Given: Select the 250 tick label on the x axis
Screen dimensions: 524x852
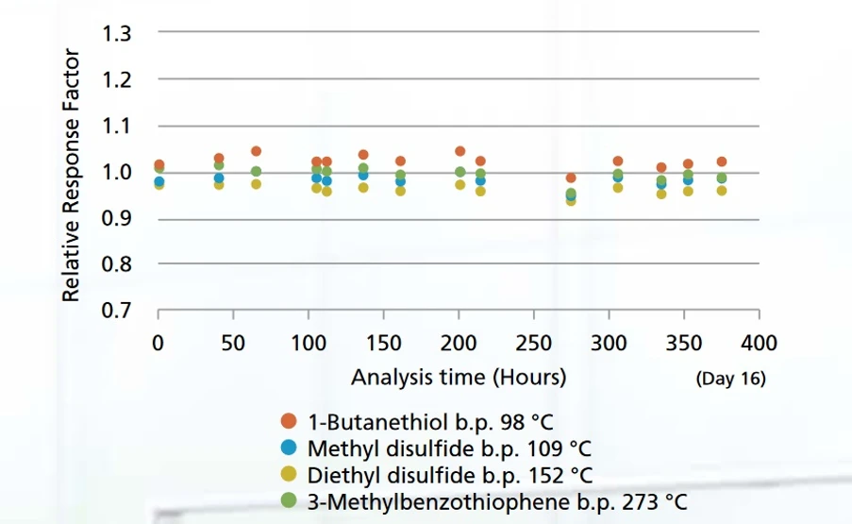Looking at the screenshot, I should click(534, 342).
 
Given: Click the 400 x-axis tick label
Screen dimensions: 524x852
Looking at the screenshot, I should click(760, 342).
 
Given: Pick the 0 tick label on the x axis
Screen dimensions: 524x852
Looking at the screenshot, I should click(159, 342).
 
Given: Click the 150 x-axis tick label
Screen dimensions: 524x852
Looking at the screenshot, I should click(383, 342).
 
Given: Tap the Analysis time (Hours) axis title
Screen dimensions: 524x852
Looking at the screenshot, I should click(459, 378).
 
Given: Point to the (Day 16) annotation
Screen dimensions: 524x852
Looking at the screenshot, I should click(730, 380).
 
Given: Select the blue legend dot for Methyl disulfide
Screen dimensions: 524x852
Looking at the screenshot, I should click(290, 448).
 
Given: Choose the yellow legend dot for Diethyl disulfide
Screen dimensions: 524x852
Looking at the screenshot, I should click(290, 474).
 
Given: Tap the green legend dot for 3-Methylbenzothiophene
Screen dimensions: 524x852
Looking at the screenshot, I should click(290, 500).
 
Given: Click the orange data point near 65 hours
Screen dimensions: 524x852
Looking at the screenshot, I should click(256, 151).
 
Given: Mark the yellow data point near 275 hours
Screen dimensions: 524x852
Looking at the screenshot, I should click(570, 200).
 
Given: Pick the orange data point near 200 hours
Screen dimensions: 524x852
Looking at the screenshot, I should click(460, 151).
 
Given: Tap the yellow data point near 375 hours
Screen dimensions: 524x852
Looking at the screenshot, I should click(722, 191).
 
